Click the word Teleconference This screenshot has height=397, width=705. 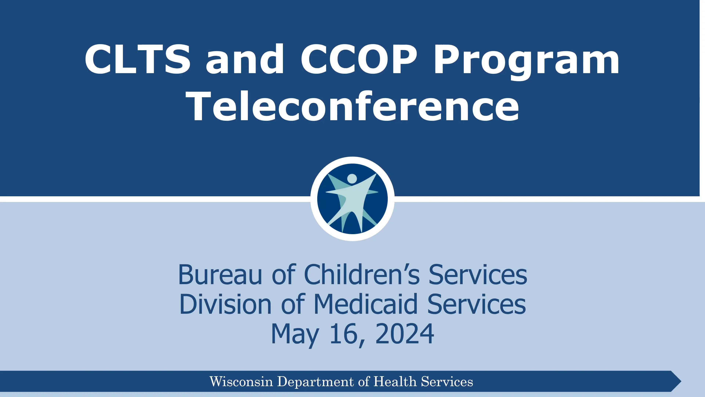pos(352,106)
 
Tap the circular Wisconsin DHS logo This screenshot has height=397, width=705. pos(352,199)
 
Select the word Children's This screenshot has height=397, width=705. pos(361,275)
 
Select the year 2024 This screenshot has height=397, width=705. pos(404,334)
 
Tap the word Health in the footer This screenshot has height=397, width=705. pos(395,381)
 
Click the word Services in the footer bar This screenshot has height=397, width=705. pos(447,381)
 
